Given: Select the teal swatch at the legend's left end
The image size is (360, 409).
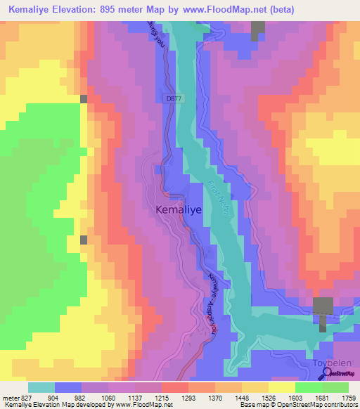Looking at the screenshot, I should coord(41,387).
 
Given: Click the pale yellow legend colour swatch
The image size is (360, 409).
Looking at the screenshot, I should coord(281,387).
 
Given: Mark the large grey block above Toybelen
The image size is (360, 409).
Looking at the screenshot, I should coord(323,306).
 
